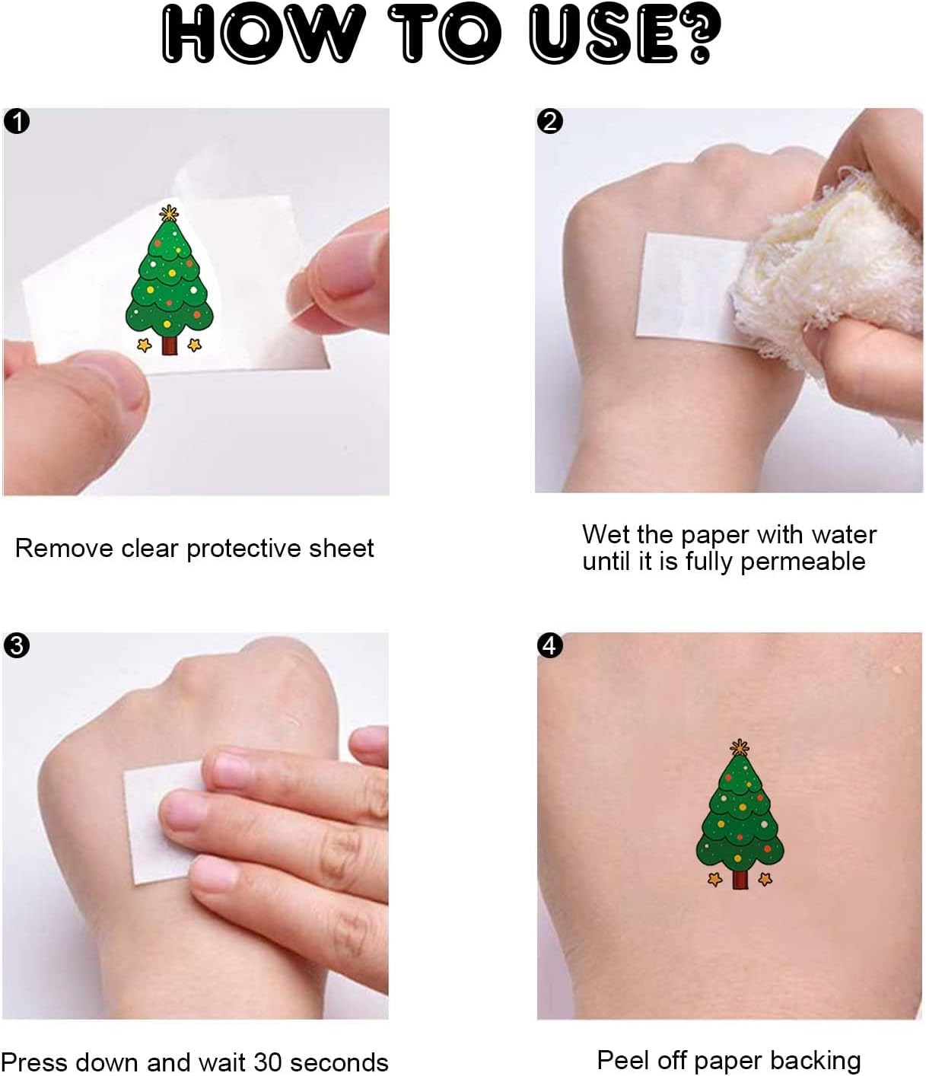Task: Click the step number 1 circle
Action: (x=17, y=122)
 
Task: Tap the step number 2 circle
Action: (x=549, y=122)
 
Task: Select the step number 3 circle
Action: (x=17, y=645)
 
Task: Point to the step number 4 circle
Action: (x=549, y=645)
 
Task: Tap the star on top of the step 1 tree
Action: (x=169, y=212)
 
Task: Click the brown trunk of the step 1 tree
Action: (x=169, y=345)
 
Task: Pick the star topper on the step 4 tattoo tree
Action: (x=740, y=747)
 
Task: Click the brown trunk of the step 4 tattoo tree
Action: (x=740, y=879)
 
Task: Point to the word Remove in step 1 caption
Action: (x=64, y=549)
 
